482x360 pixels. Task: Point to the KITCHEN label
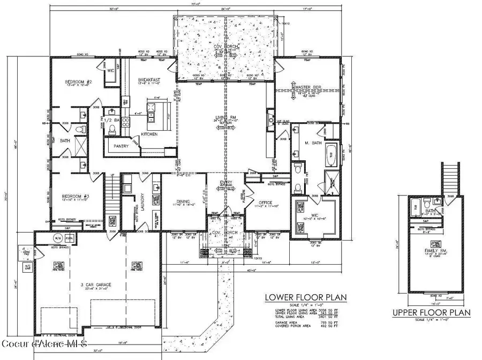point(149,134)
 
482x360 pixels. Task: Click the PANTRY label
point(119,145)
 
